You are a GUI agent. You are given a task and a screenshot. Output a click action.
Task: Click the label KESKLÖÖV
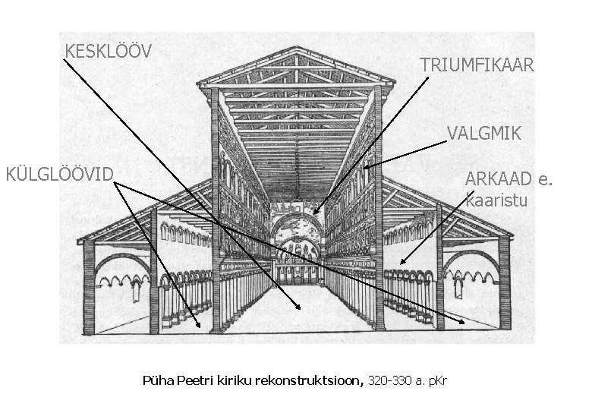coord(109,51)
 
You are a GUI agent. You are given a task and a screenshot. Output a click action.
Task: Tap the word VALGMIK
coord(484,134)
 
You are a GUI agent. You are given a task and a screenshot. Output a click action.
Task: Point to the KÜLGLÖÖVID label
coord(59,175)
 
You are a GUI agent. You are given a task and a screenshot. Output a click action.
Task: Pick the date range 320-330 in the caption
coord(389,379)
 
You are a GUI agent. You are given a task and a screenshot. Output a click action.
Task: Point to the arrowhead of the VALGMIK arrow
coord(366,166)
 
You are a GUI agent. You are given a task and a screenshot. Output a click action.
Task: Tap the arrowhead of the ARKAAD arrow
coord(402,263)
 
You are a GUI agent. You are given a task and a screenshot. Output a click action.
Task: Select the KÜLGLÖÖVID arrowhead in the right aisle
coord(464,323)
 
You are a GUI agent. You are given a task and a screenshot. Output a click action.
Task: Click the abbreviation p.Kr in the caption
coord(438,379)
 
